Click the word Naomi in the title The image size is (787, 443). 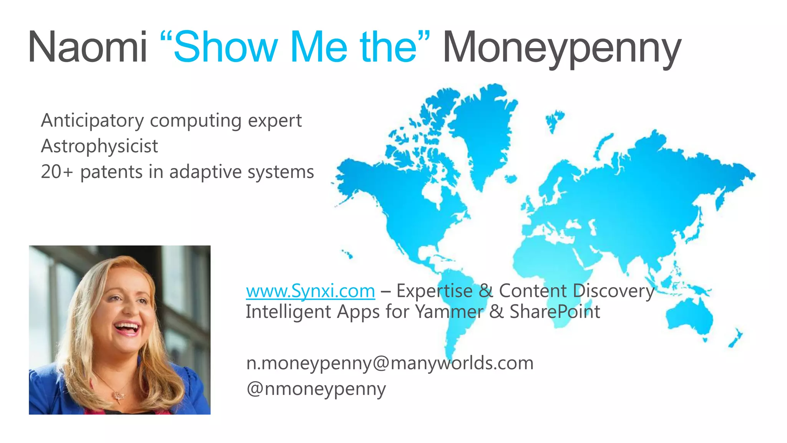click(x=88, y=48)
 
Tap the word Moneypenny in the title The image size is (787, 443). click(x=562, y=48)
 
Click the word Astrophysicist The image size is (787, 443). click(x=99, y=147)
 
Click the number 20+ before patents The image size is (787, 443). click(x=56, y=172)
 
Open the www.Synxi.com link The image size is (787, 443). click(x=310, y=291)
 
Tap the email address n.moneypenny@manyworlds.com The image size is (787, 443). click(x=390, y=363)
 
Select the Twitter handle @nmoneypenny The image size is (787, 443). click(x=316, y=389)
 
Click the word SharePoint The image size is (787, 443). click(x=555, y=311)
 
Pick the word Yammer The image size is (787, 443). click(x=449, y=311)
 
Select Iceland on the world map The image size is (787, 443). click(x=511, y=179)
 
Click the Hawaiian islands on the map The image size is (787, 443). click(x=347, y=254)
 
